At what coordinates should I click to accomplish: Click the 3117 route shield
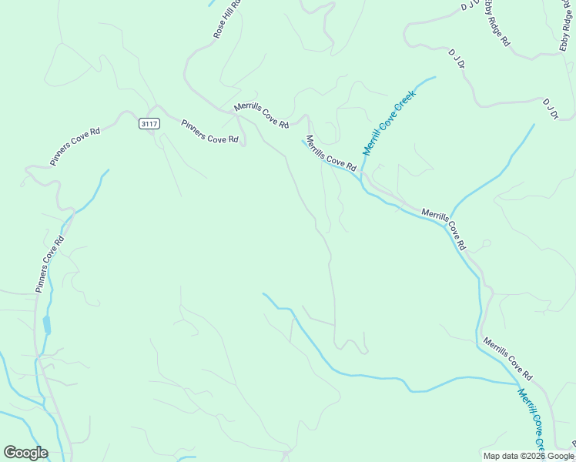[149, 123]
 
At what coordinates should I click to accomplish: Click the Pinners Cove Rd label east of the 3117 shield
[209, 131]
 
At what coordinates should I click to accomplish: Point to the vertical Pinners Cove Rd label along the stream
[49, 263]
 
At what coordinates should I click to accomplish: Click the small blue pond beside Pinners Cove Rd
[47, 324]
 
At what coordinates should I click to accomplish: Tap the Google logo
[25, 453]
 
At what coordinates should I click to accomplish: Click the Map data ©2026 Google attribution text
[528, 456]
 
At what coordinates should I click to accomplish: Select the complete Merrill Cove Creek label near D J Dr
[389, 122]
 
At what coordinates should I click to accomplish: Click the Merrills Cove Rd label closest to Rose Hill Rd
[262, 115]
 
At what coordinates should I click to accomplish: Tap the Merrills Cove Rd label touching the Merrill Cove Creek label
[331, 153]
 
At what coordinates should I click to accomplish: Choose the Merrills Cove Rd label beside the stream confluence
[444, 228]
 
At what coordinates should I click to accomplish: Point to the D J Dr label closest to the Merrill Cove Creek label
[457, 59]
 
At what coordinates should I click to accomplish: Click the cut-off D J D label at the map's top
[470, 5]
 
